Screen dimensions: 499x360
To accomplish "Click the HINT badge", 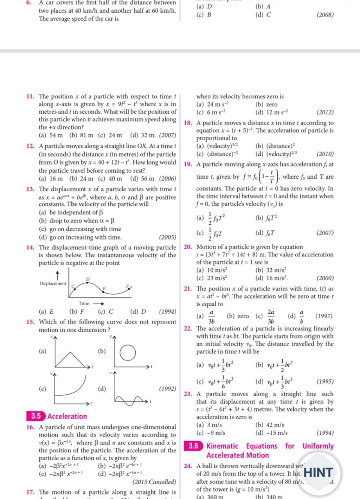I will pyautogui.click(x=319, y=472).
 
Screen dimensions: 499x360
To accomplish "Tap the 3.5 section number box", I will pyautogui.click(x=36, y=416).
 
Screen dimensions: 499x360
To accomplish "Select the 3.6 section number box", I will pyautogui.click(x=193, y=446).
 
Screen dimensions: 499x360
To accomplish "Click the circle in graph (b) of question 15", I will pyautogui.click(x=128, y=352).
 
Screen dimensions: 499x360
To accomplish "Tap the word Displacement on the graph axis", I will pyautogui.click(x=53, y=283).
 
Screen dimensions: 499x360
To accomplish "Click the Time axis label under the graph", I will pyautogui.click(x=84, y=303).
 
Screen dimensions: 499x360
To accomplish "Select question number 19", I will pyautogui.click(x=187, y=164).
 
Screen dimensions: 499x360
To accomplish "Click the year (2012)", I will pyautogui.click(x=325, y=113).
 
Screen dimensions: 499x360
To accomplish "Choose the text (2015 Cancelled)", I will pyautogui.click(x=154, y=482).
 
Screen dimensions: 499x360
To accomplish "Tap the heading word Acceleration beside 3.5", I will pyautogui.click(x=67, y=416).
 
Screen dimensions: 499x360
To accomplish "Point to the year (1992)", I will pyautogui.click(x=167, y=389).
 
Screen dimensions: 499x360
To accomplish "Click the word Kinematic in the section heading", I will pyautogui.click(x=222, y=446).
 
